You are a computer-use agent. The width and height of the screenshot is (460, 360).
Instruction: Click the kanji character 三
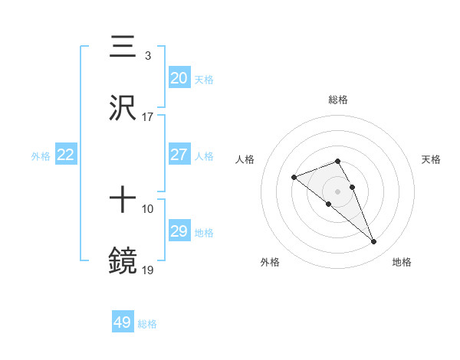click(123, 47)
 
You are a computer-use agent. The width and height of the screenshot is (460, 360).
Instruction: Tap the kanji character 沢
click(123, 108)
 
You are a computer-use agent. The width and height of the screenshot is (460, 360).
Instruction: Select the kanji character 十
click(123, 200)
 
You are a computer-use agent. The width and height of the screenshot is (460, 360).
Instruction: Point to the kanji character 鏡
click(123, 260)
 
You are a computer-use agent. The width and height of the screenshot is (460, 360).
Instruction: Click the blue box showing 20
click(179, 78)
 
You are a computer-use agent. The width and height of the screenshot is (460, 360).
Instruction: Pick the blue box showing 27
click(179, 155)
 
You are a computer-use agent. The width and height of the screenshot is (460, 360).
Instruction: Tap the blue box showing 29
click(179, 231)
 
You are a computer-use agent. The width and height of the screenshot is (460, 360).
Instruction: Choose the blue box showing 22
click(66, 155)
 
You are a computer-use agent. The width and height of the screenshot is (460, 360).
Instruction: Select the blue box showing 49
click(123, 322)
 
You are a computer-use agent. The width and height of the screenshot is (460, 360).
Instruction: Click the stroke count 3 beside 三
click(147, 55)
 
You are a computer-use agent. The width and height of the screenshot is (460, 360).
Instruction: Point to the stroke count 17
click(148, 117)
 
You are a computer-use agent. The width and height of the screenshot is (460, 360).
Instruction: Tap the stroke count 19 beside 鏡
click(148, 270)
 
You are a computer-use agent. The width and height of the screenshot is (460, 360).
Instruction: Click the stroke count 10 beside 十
click(148, 208)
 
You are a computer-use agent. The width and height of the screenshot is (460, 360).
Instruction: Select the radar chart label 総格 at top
click(338, 100)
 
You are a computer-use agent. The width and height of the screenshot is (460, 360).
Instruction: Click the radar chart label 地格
click(402, 262)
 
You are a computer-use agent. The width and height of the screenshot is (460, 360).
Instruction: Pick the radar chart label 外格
click(270, 262)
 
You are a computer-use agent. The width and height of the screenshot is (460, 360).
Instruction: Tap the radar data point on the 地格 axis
click(374, 242)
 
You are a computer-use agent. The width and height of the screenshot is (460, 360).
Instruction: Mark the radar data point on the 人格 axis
click(294, 178)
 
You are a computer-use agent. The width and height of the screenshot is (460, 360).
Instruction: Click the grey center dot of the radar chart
click(338, 191)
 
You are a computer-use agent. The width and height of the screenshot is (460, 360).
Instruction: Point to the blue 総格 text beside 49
click(147, 324)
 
